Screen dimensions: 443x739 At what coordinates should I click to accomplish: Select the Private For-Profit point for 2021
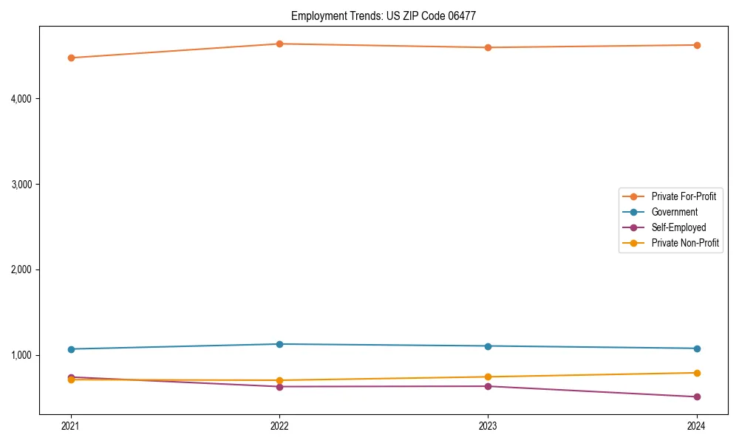click(x=71, y=58)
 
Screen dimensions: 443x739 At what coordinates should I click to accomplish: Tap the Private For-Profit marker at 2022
click(x=279, y=44)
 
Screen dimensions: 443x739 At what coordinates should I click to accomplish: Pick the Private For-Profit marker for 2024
click(x=697, y=45)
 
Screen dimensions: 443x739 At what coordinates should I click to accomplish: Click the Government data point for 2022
click(x=279, y=344)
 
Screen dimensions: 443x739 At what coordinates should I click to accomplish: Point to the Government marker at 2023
click(x=488, y=346)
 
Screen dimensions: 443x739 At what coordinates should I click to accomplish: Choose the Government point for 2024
click(x=697, y=348)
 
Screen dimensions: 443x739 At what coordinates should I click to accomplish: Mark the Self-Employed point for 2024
click(x=697, y=396)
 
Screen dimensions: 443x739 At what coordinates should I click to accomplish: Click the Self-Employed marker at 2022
click(x=279, y=386)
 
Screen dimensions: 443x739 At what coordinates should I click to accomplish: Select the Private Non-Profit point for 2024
click(x=697, y=373)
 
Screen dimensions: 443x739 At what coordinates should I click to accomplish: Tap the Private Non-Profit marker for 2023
click(x=488, y=377)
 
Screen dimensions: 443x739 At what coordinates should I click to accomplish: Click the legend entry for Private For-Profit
click(x=684, y=196)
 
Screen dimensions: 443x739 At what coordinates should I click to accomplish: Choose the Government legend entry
click(x=674, y=212)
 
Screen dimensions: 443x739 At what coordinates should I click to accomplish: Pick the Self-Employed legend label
click(x=678, y=227)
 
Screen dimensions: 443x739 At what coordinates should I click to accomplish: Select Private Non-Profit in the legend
click(x=685, y=243)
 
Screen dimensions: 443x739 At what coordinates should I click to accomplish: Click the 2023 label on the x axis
click(x=488, y=425)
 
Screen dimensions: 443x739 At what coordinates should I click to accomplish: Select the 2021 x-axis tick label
click(x=71, y=425)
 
